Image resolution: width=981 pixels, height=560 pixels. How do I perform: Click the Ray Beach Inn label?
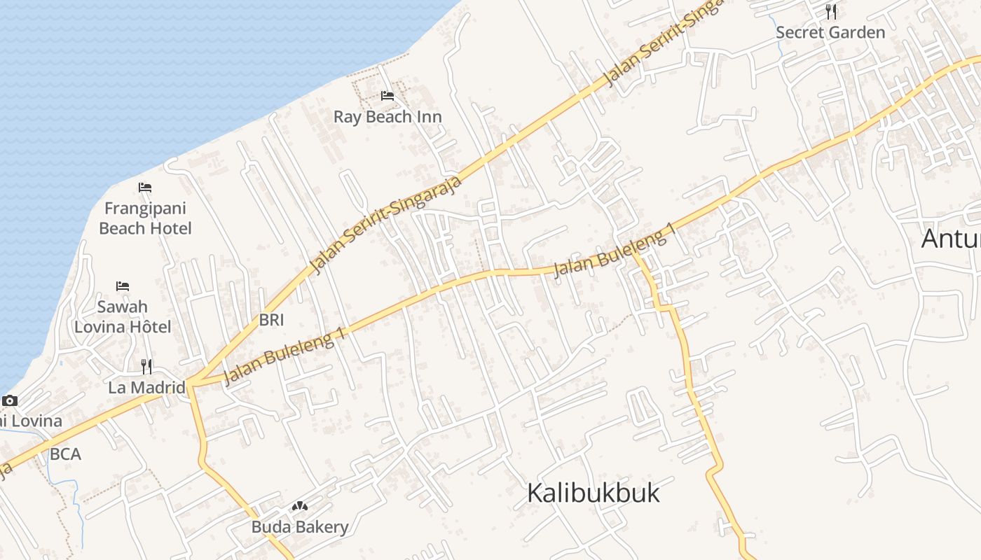pos(387,116)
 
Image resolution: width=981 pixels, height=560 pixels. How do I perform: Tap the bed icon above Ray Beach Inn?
pos(387,96)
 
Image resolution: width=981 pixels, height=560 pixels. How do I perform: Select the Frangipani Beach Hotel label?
pos(145,218)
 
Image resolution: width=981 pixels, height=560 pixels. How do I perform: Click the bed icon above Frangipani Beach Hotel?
pos(145,188)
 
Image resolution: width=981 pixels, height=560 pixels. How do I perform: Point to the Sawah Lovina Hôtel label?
pos(123,316)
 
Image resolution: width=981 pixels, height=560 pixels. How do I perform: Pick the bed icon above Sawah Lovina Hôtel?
pos(123,286)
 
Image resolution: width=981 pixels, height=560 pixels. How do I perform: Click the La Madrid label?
pos(146,387)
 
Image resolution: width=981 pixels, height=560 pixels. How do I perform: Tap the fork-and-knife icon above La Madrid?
pos(146,366)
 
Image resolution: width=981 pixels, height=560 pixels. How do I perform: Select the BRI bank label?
pos(272,320)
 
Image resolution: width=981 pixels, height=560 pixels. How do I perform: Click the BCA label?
pos(65,454)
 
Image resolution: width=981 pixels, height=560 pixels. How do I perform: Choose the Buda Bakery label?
pos(300,526)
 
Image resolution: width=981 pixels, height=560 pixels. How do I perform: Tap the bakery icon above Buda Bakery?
pos(300,506)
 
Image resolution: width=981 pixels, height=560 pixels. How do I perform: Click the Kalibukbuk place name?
pos(593,493)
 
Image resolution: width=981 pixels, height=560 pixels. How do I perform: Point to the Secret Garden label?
pos(830,32)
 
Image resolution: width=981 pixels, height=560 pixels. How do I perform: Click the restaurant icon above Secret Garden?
pos(831,11)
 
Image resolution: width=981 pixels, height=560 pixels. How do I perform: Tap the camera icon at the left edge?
pos(9,401)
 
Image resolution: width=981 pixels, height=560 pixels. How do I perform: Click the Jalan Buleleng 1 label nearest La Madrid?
pos(285,357)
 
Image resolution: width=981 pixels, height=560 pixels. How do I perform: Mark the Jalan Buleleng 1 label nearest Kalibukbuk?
pos(616,251)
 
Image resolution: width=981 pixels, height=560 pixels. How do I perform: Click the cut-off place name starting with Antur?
pos(951,238)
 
